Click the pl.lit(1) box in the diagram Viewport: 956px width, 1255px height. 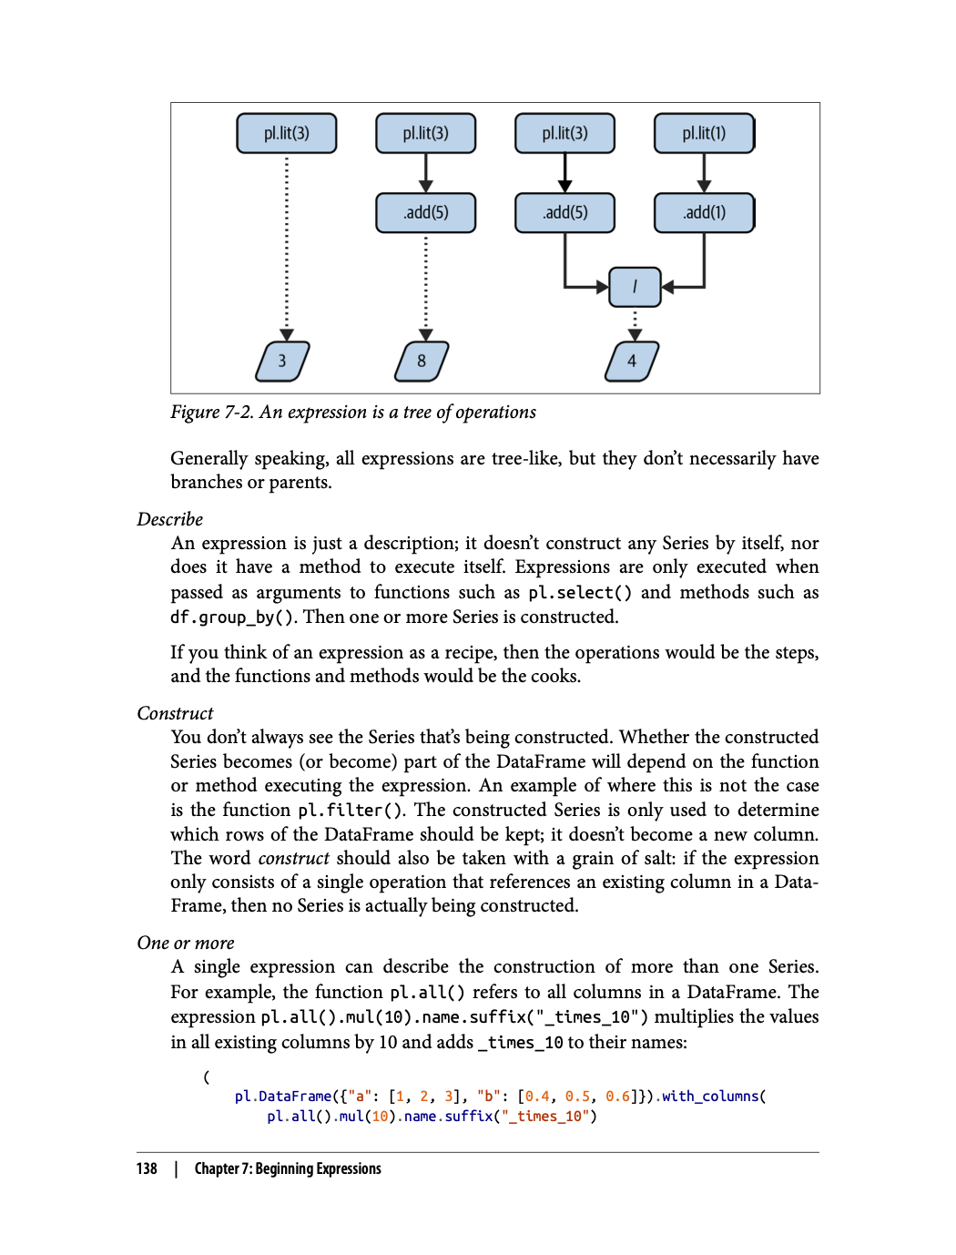[x=704, y=133]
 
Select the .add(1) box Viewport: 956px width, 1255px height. [x=704, y=212]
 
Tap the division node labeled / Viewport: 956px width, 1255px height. [x=635, y=287]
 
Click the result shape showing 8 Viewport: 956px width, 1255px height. [x=422, y=361]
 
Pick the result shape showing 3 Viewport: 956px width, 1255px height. [x=282, y=361]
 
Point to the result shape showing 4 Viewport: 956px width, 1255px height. [x=632, y=361]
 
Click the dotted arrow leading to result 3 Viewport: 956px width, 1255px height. [x=287, y=246]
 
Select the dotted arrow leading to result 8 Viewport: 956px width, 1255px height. [x=426, y=282]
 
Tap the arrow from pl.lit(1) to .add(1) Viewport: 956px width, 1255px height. [x=704, y=172]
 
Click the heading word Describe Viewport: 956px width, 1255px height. [x=170, y=519]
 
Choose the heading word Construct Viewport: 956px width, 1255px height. [x=175, y=713]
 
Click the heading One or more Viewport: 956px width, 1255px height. [x=186, y=943]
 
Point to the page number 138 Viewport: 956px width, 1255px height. [x=147, y=1168]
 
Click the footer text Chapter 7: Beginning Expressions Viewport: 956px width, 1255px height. [x=288, y=1168]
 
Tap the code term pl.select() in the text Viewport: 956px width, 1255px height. [x=580, y=593]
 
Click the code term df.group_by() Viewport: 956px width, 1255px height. [x=232, y=617]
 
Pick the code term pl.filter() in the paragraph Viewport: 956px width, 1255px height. [x=351, y=811]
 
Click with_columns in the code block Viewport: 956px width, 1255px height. [x=710, y=1097]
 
